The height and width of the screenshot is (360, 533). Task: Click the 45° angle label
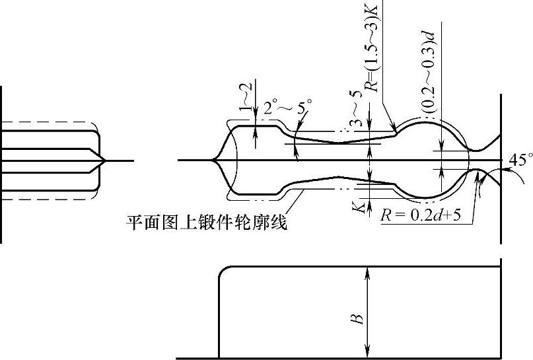coord(521,159)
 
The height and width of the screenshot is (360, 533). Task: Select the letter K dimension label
coord(358,207)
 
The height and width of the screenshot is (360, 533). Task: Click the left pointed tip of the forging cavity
coord(213,160)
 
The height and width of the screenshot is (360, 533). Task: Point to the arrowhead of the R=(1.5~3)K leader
coord(394,129)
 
